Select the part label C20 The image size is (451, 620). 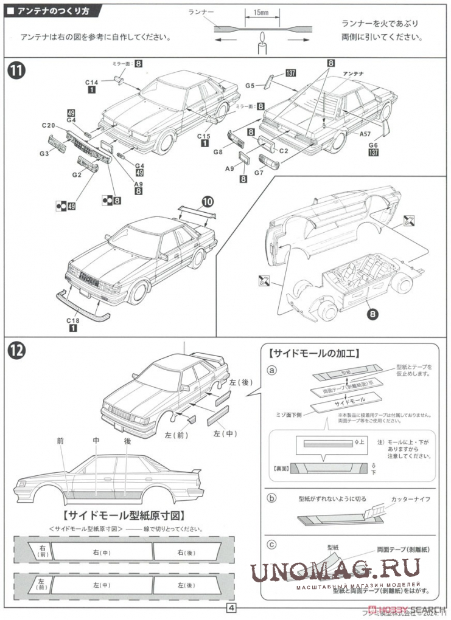point(49,125)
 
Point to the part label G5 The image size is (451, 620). point(250,86)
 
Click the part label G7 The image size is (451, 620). point(259,172)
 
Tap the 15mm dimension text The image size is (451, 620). point(259,12)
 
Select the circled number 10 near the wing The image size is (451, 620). point(208,202)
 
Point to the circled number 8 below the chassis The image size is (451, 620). point(373,314)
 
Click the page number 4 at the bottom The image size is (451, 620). point(231,608)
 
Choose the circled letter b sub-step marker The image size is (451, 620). point(271,498)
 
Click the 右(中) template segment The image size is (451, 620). point(101,553)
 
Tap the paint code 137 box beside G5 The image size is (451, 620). point(290,74)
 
